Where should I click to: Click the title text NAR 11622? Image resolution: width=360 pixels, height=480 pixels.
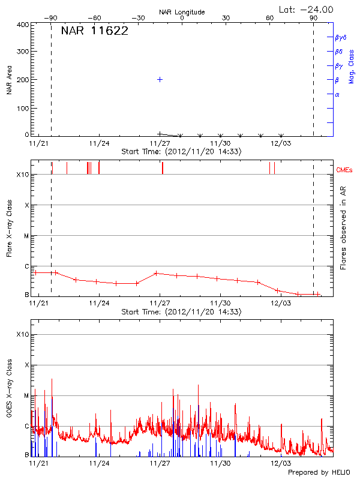[x=94, y=32]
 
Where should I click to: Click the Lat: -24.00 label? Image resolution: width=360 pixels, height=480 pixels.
[x=307, y=9]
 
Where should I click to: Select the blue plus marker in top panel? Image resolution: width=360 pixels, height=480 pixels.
[x=160, y=79]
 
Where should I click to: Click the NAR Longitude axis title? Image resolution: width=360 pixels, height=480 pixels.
[x=182, y=11]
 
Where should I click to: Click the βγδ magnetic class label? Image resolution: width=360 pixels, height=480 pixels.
[x=340, y=37]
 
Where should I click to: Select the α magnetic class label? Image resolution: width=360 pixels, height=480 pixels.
[x=337, y=94]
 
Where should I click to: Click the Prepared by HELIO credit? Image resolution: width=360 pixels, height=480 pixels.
[x=318, y=472]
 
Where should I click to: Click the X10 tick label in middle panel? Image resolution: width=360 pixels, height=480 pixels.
[x=22, y=175]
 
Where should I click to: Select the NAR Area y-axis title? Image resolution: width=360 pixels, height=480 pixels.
[x=10, y=82]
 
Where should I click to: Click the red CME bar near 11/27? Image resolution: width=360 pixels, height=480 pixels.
[x=162, y=168]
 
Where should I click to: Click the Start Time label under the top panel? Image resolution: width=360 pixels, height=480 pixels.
[x=181, y=152]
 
